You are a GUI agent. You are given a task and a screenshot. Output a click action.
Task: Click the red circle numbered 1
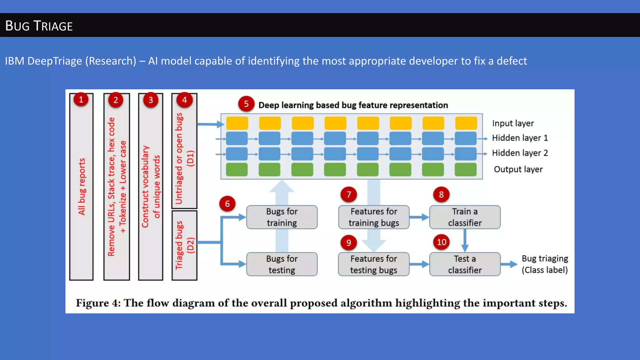pos(81,100)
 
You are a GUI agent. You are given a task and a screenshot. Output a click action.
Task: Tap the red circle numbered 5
pos(246,104)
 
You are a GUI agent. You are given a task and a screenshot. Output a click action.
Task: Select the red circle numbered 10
pos(441,242)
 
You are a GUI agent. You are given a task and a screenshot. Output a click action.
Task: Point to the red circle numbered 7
pos(349,195)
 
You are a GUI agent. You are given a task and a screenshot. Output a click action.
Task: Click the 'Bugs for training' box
pos(282,217)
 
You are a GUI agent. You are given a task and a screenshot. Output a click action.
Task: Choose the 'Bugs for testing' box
pos(282,264)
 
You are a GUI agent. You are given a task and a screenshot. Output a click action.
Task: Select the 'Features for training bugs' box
pos(374,217)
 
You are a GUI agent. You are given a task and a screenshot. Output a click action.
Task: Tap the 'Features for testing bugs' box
pos(374,264)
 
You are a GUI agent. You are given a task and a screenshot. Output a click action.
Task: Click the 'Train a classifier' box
pos(465,217)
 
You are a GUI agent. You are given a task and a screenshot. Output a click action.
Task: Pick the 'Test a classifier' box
pos(465,264)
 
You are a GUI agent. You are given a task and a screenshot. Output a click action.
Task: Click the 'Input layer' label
pos(513,123)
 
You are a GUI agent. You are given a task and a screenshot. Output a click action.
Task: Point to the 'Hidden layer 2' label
pos(520,153)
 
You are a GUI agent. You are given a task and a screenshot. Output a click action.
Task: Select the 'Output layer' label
pos(518,169)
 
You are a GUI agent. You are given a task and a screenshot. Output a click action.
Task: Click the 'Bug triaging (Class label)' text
pos(545,264)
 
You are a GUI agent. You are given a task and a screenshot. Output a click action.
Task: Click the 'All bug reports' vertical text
pos(82,187)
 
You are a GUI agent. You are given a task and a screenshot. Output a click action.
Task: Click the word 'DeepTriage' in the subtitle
pos(55,61)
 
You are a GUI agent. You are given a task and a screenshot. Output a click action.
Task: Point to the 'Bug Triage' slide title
pos(39,26)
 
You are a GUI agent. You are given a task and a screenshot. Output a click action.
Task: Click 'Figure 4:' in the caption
pos(98,303)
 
